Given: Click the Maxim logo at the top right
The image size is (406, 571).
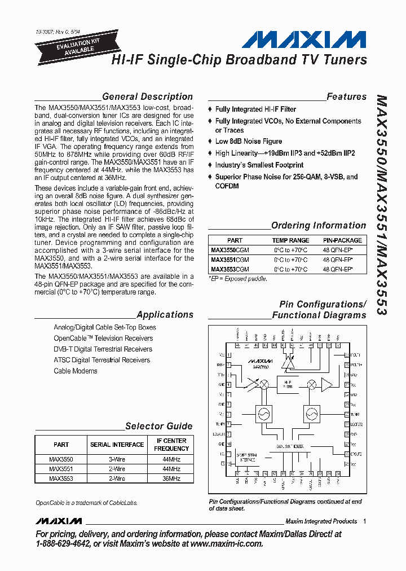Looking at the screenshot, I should coord(303,40).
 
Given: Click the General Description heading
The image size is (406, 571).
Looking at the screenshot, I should coord(147,96).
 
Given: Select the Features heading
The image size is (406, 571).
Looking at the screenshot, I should coord(346,96).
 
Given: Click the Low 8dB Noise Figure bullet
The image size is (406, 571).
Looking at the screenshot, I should coord(248,142).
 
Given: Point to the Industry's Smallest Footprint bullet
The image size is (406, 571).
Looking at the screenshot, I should coord(259,165).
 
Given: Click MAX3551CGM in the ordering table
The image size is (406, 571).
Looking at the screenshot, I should coord(230,260).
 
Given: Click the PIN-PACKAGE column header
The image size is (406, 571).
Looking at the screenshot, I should coord(338,240).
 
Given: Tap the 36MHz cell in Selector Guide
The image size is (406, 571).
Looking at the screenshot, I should coord(171,478).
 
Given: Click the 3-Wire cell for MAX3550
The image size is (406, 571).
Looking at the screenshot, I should coord(117,460).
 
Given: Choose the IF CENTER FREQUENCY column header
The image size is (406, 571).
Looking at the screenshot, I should coord(171,445).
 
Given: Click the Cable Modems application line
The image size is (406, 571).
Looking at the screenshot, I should coord(76,371).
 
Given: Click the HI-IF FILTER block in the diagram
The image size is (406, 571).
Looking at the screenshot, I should coord(288,386).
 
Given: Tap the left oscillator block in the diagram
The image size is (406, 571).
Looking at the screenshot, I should coord(263,415).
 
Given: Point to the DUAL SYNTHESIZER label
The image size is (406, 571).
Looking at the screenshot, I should coord(290,446).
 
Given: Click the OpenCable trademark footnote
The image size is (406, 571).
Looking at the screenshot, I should coord(86,503).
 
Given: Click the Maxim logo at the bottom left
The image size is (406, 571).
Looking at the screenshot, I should coord(58,521).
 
